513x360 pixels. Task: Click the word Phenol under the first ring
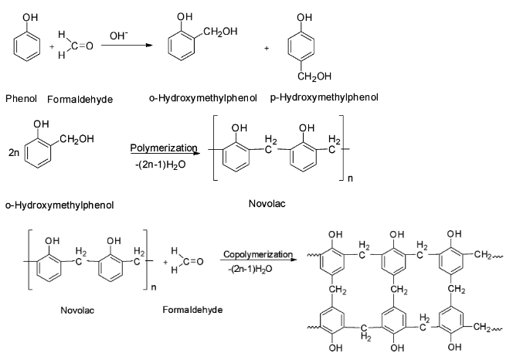[x=21, y=99]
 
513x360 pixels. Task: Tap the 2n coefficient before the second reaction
[x=12, y=153]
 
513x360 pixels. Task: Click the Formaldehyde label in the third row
[x=188, y=310]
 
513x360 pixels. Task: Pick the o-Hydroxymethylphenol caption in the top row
[x=199, y=98]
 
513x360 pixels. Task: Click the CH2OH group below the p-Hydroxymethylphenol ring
[x=310, y=76]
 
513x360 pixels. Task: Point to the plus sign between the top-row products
[x=266, y=48]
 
